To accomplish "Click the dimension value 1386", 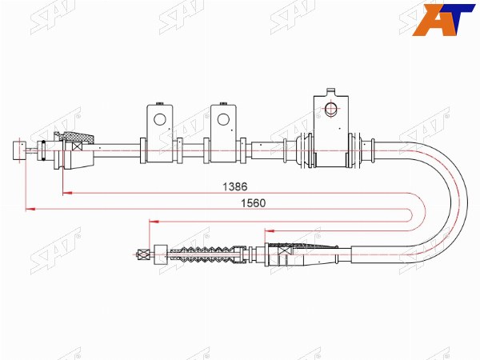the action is coord(234,186).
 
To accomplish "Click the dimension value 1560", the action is coord(254,203).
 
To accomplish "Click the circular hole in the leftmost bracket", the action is coord(159,119).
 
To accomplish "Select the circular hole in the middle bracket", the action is coord(223,119).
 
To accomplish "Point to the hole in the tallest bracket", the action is coord(330,110).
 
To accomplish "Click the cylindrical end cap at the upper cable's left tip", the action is coord(19,150).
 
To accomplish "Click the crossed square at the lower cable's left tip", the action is coord(143,254).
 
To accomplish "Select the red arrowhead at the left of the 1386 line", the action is coord(67,193).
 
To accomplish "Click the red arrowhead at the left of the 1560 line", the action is coord(30,209).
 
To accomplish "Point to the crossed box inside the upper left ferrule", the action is coord(77,146).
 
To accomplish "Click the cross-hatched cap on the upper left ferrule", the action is coord(77,138).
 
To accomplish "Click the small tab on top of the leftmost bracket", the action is coord(159,103).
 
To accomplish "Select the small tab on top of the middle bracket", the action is coord(223,103).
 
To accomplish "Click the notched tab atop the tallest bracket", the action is coord(330,92).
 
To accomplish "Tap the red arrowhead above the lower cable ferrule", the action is coord(270,231).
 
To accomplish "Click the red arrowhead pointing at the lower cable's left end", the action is coord(154,221).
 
